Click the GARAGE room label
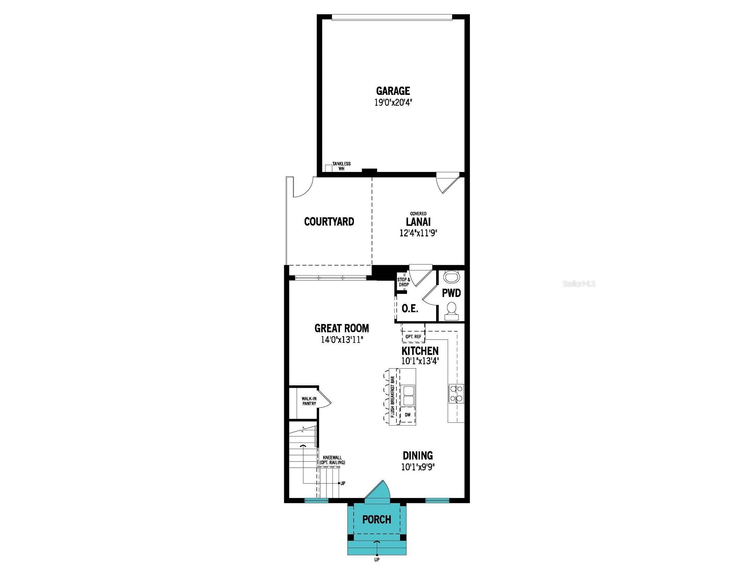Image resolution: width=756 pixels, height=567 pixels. point(393,90)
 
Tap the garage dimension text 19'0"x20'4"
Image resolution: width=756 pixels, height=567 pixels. point(393,103)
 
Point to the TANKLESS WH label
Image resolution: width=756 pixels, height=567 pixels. point(341,166)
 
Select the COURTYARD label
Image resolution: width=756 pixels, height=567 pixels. point(329,221)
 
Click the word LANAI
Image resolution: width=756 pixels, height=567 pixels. point(418,222)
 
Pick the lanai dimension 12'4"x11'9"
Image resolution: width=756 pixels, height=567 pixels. point(418,233)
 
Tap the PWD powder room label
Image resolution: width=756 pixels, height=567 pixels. point(451,293)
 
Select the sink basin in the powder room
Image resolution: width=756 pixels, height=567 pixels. point(451,277)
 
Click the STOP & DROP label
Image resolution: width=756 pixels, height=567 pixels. point(403,282)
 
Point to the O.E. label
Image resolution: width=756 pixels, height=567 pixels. point(409,308)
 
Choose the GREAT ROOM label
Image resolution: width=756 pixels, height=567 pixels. point(341,328)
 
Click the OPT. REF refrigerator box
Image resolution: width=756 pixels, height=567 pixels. point(413,333)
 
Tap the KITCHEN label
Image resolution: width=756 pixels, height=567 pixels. point(420,350)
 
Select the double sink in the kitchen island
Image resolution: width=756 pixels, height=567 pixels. point(408,395)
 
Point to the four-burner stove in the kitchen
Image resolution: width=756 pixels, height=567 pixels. point(456,393)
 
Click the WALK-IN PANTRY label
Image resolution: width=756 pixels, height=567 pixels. point(309,401)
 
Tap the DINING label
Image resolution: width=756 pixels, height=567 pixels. point(417,455)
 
